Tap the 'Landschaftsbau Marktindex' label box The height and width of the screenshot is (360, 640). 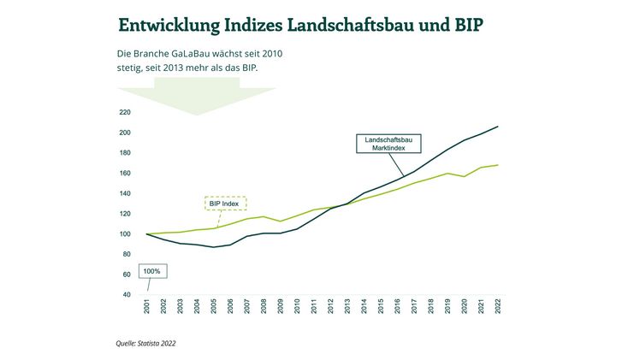tap(387, 144)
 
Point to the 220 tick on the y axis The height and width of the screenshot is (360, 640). tap(125, 112)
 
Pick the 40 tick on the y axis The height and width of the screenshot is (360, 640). tap(126, 295)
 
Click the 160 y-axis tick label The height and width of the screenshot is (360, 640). tap(125, 174)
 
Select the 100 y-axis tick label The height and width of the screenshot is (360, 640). tap(125, 234)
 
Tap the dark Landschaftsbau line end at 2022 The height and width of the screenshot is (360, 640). tap(498, 127)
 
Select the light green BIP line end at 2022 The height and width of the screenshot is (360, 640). tap(498, 165)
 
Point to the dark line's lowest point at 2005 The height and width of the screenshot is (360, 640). tap(214, 247)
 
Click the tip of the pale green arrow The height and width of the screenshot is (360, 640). tap(198, 115)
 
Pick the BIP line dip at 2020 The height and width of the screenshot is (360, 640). tap(465, 176)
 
